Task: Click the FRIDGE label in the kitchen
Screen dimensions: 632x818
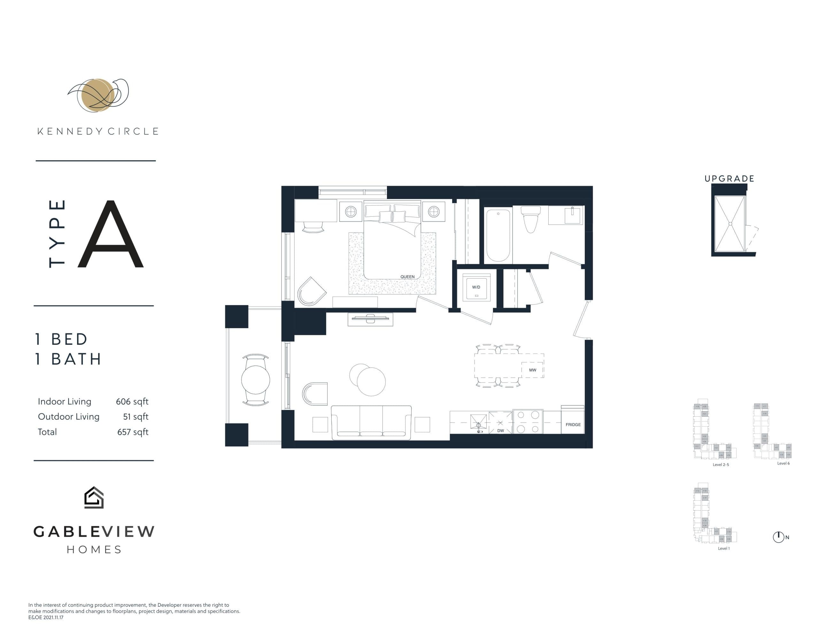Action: (573, 424)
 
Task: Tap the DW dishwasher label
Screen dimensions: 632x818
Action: (500, 430)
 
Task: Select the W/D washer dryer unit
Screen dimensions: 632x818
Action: (476, 287)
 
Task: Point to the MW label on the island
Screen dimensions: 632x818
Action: (532, 370)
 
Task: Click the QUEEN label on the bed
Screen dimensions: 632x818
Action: (407, 277)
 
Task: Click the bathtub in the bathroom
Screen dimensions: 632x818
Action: (498, 235)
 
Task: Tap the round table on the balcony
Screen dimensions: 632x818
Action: (255, 380)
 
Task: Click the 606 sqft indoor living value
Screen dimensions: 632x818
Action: (132, 401)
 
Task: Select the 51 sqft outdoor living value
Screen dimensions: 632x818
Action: (135, 417)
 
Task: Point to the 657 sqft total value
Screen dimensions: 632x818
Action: (133, 432)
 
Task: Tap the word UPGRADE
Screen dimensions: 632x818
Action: (729, 179)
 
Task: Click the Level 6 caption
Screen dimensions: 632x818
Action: (783, 463)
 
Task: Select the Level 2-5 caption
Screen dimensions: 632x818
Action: (721, 465)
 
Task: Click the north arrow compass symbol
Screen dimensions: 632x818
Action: (778, 537)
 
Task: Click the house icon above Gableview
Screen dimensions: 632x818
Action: (94, 497)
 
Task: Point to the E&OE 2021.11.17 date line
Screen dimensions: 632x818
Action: (46, 617)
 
